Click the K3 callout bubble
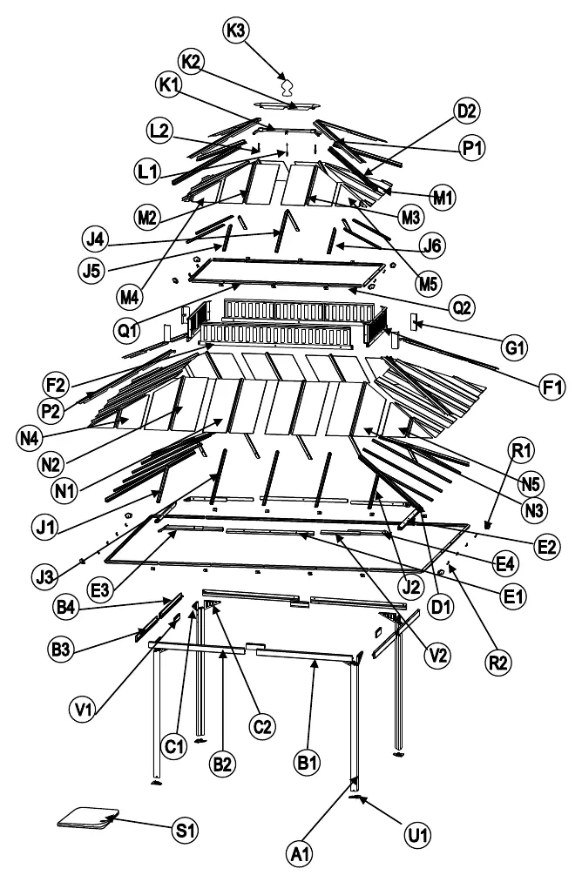236,30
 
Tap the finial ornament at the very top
288,87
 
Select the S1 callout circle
186,830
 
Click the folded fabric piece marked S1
89,818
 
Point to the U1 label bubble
417,835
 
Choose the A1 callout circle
300,855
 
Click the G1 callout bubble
514,347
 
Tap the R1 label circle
521,450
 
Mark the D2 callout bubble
466,111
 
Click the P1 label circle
471,149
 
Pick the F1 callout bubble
552,387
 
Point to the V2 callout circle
438,656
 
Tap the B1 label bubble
308,764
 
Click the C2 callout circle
262,727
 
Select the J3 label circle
44,576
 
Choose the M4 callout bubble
130,296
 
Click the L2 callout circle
159,131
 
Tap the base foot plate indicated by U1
358,797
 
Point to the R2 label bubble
498,663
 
